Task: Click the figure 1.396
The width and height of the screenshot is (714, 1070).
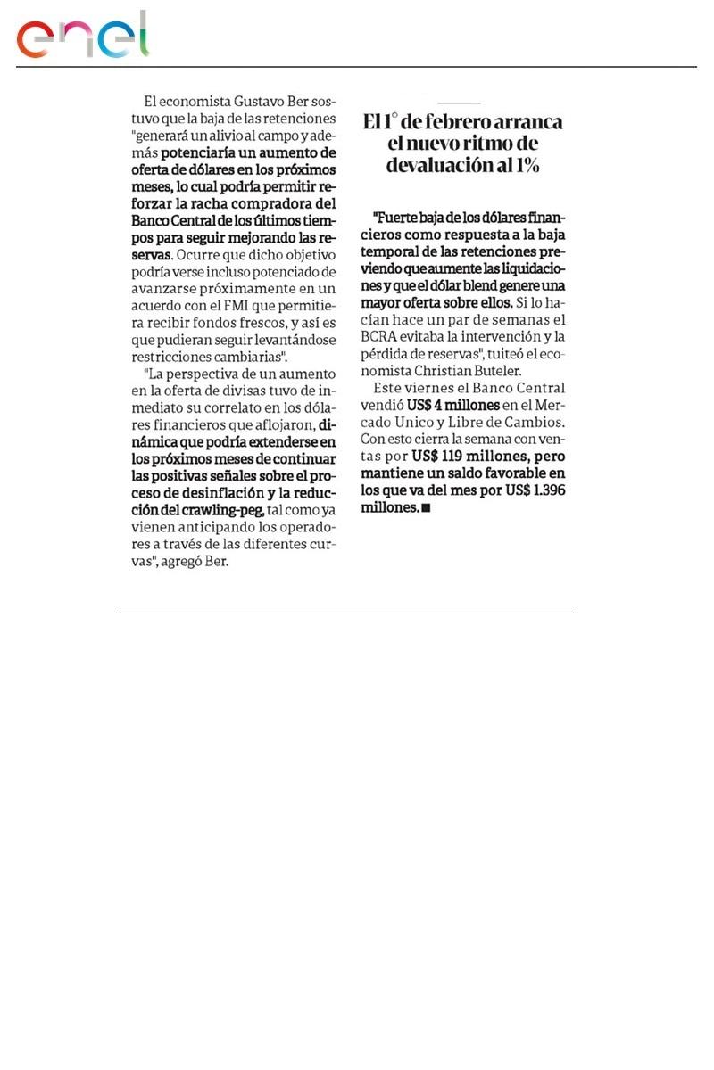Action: click(545, 490)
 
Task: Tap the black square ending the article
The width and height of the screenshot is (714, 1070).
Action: click(426, 507)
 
